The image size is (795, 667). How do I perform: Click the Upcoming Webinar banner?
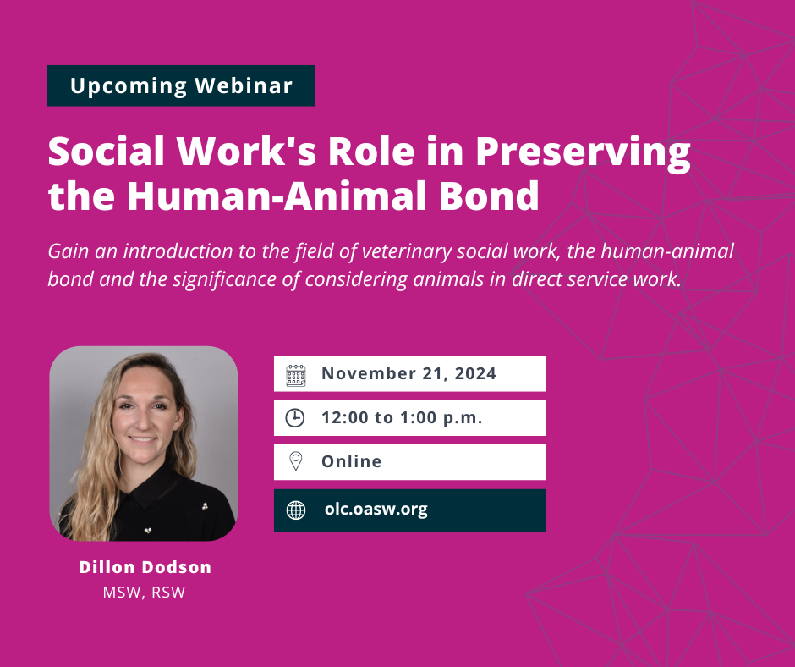pos(181,85)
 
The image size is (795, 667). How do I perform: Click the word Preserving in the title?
pos(583,152)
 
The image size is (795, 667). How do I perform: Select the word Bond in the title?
pos(488,196)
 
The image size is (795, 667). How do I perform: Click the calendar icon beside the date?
pos(296,375)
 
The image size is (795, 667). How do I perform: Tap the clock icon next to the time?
pos(295,418)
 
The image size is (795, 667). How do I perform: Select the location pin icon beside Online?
pos(296,461)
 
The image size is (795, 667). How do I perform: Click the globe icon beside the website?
pos(296,510)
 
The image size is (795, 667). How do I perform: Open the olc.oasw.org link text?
pos(376,509)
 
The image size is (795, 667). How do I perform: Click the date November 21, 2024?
pos(408,373)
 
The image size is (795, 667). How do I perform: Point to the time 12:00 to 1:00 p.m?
pos(402,418)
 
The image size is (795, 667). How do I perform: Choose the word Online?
pos(351,461)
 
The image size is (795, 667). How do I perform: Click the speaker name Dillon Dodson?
pos(145,567)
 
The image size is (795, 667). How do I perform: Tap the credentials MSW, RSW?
pos(144,593)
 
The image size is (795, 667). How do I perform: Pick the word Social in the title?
pos(107,152)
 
